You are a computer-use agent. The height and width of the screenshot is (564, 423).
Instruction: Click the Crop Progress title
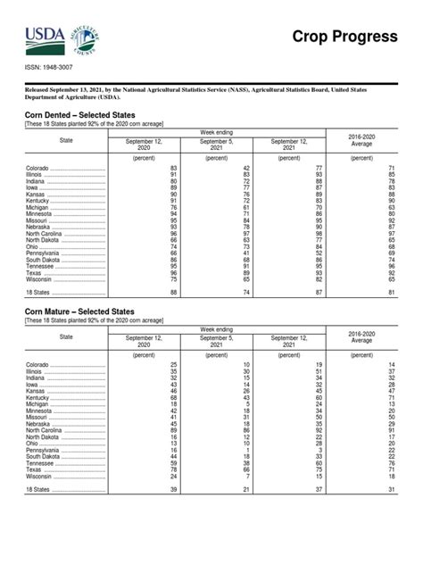pos(345,37)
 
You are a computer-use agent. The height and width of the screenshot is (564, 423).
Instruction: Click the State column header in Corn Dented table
pos(66,140)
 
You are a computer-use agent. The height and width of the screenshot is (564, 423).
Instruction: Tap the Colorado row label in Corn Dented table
pos(38,169)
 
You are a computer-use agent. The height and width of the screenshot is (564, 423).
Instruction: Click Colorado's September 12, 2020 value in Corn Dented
pos(174,169)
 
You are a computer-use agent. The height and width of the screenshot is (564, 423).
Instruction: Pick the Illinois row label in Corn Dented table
pos(36,175)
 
